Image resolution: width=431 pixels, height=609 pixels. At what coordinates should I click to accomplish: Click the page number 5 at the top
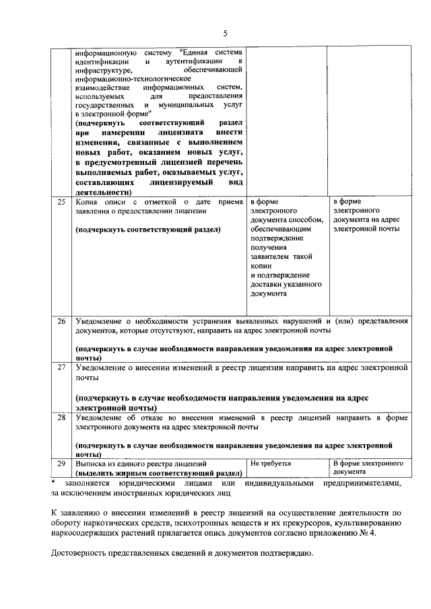coord(226,33)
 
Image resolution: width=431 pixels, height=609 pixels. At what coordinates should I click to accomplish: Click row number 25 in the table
coord(61,201)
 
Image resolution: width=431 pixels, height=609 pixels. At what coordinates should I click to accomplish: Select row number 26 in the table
coord(61,321)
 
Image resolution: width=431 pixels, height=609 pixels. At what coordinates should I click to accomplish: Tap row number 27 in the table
coord(61,368)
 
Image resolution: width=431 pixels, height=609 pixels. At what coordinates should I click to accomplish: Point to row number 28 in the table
coord(61,418)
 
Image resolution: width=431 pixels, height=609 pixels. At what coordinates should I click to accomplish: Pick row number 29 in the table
coord(61,464)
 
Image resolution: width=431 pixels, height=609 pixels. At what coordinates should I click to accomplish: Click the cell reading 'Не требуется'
coord(271,464)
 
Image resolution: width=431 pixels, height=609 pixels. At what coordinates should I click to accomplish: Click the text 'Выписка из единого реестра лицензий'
coord(136,464)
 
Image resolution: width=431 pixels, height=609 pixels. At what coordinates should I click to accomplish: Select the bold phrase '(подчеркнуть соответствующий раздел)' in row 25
coord(148,229)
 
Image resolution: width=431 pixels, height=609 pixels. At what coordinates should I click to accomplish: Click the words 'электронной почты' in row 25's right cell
coord(366,229)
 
